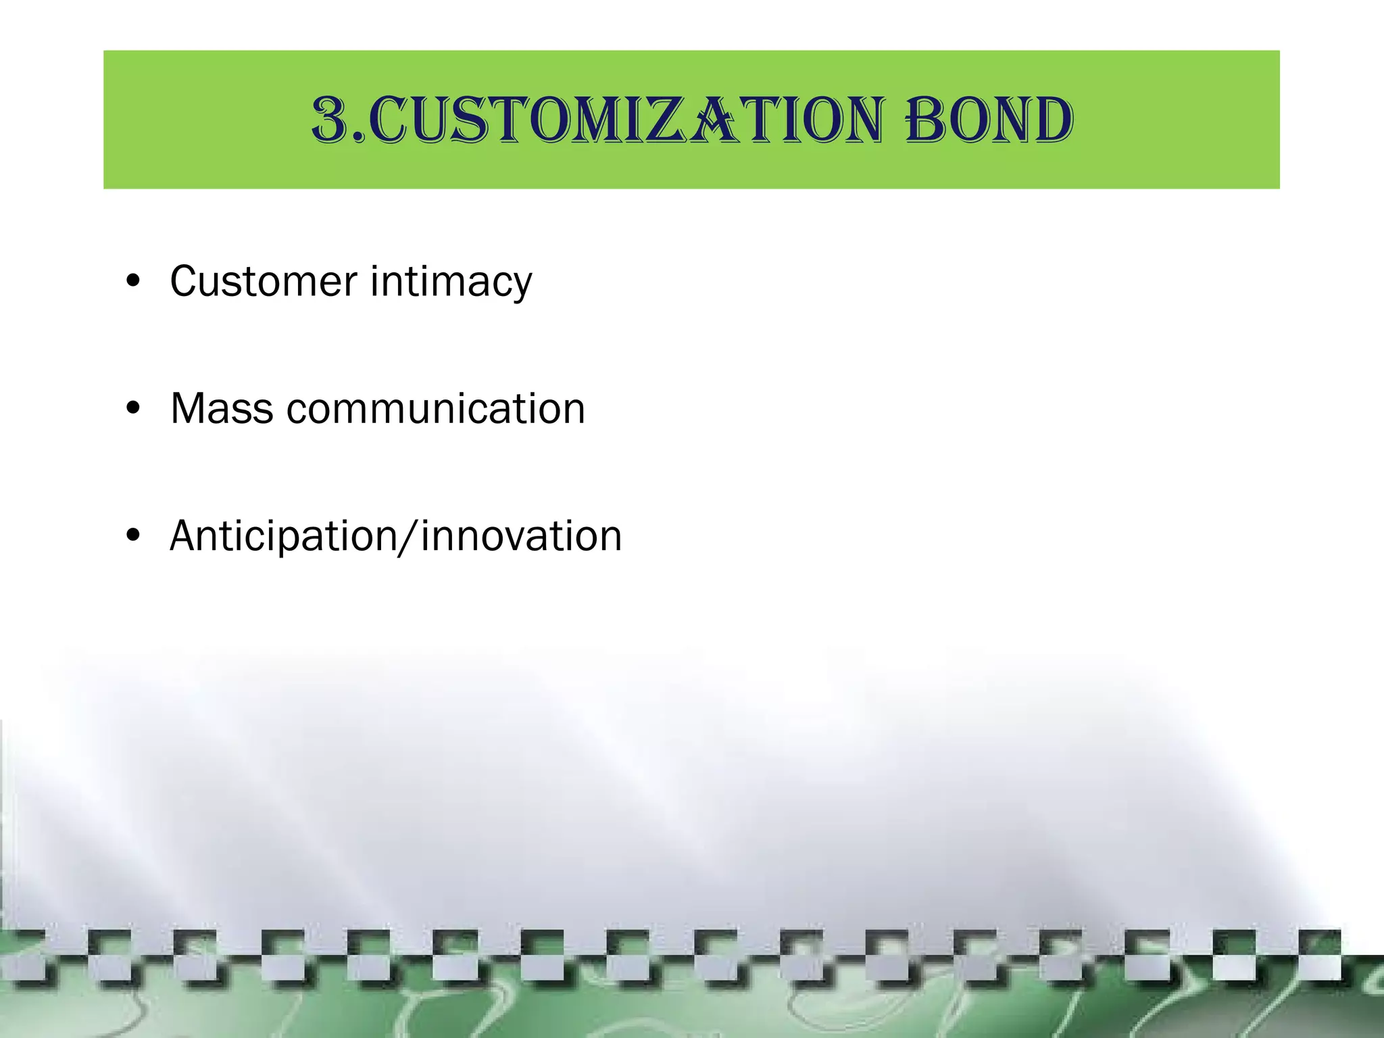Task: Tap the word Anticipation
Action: pos(282,537)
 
